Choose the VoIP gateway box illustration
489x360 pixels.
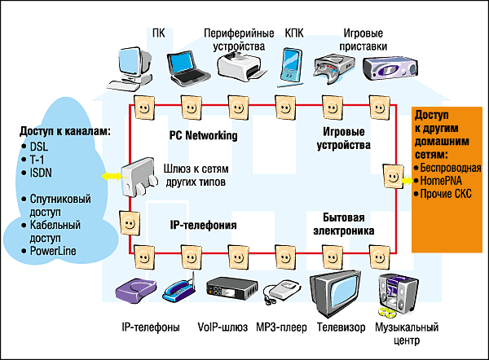[226, 290]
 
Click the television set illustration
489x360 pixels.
[334, 292]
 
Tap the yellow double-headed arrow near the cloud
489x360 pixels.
[108, 176]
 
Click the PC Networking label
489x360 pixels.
[203, 135]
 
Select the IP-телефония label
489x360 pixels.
[203, 224]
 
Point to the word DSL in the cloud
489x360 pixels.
[40, 147]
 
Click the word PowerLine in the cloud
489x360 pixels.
[52, 251]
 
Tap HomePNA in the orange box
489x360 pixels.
[442, 180]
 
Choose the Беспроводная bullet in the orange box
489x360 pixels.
[451, 168]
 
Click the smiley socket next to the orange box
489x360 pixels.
[391, 176]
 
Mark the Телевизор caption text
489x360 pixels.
[335, 327]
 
